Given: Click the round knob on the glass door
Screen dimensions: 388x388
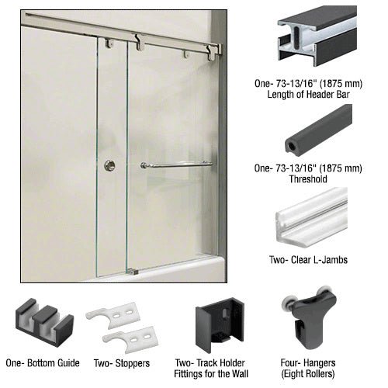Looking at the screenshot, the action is pyautogui.click(x=110, y=165).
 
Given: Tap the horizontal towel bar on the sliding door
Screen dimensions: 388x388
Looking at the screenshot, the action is pyautogui.click(x=177, y=165).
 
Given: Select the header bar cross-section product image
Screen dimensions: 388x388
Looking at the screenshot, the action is pyautogui.click(x=317, y=36).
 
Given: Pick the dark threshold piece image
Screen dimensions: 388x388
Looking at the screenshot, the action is pyautogui.click(x=319, y=130).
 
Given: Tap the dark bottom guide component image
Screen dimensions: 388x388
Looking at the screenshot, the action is pyautogui.click(x=44, y=323).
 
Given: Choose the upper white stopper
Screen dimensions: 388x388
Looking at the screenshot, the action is pyautogui.click(x=113, y=315).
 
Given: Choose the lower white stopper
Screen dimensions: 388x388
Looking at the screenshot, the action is pyautogui.click(x=130, y=339).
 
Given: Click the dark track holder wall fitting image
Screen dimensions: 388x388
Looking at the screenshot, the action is pyautogui.click(x=220, y=324).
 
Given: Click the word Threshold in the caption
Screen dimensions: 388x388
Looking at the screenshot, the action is pyautogui.click(x=308, y=179).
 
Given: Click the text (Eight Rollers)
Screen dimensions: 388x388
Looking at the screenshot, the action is pyautogui.click(x=308, y=374).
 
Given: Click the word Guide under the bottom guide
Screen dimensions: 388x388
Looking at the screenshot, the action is pyautogui.click(x=68, y=363).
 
